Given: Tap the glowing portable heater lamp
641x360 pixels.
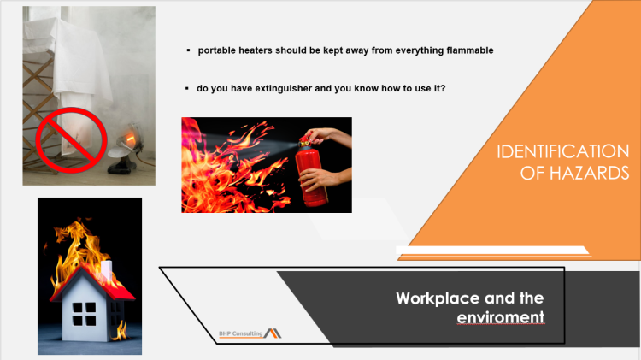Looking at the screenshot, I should [130, 137].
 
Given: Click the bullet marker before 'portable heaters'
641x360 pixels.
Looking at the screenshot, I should [188, 50].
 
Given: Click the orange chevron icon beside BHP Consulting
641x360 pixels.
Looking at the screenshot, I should [273, 331].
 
